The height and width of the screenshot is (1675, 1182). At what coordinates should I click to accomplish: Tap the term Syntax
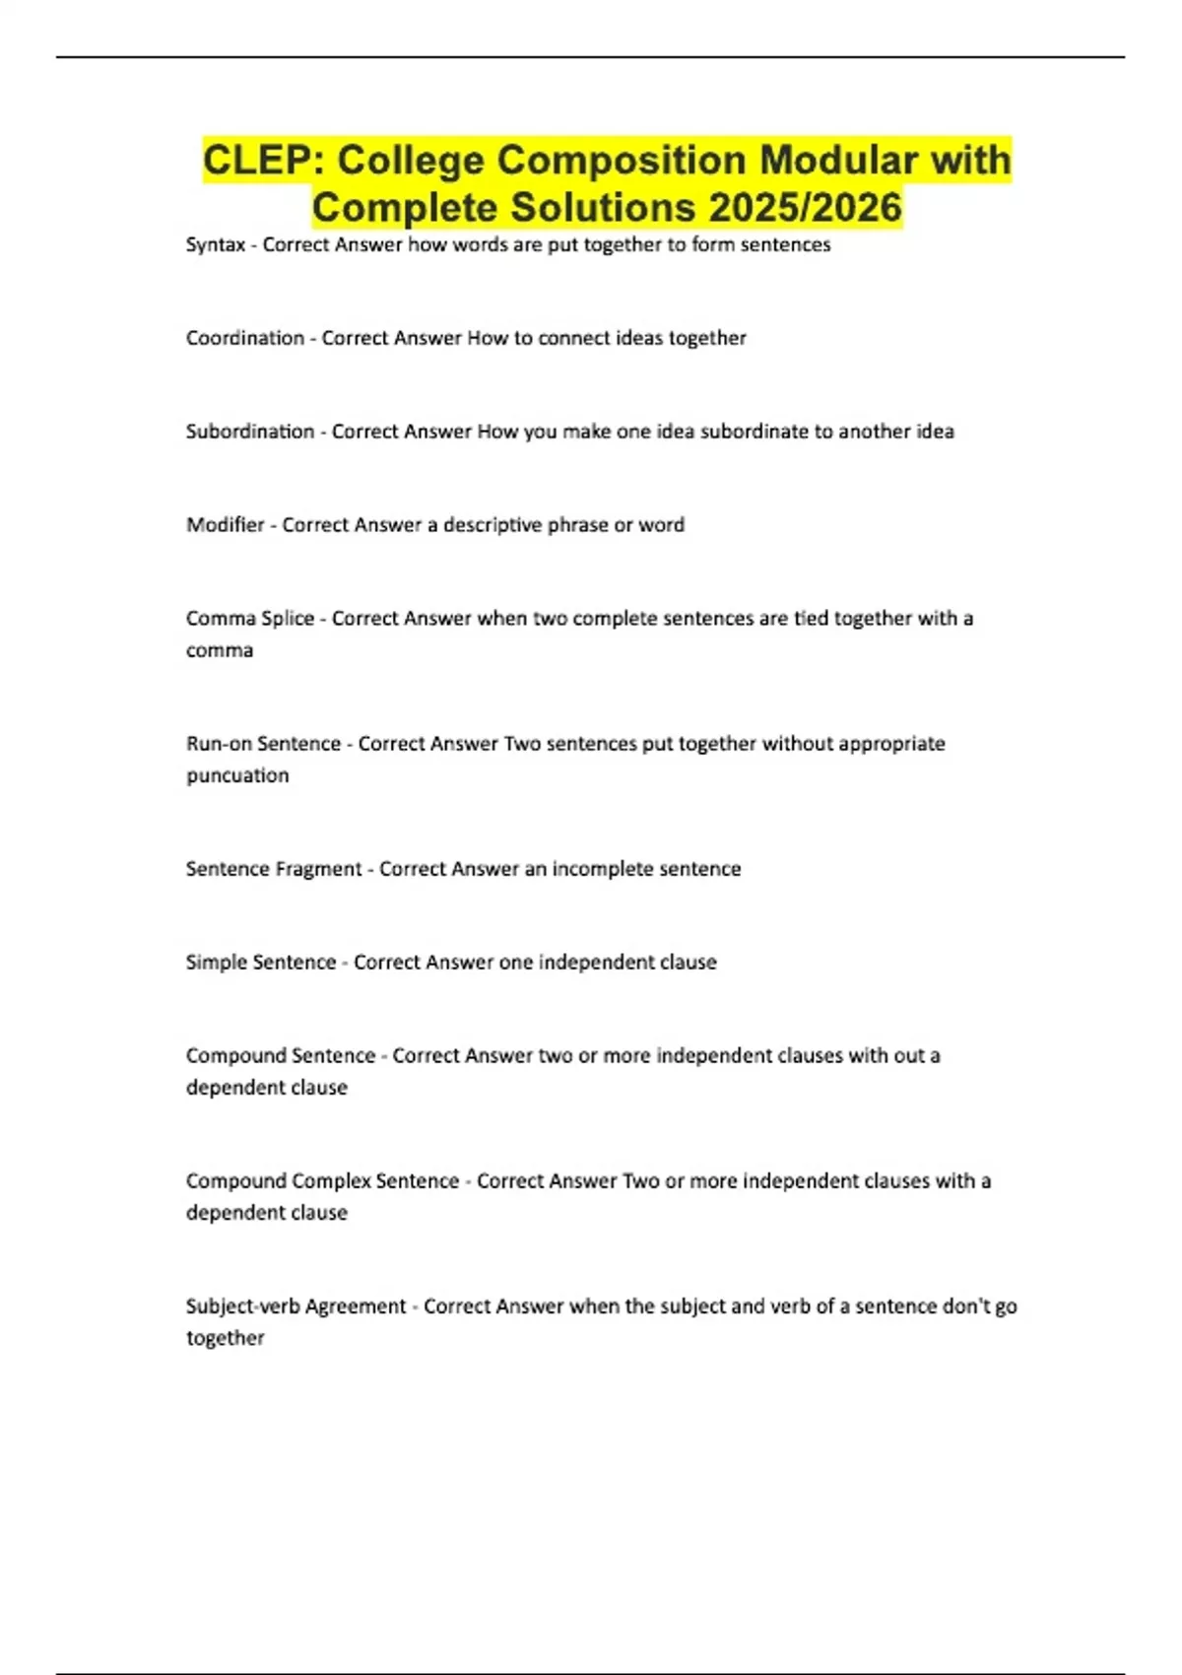[215, 244]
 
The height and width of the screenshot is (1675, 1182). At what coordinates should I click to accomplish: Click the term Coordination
[245, 338]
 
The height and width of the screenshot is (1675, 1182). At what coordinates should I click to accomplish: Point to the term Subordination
[250, 432]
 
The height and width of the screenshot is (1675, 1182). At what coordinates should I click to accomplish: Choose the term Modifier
[226, 525]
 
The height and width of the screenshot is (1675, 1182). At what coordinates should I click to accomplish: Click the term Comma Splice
[250, 619]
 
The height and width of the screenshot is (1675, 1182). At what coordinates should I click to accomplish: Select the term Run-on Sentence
[263, 744]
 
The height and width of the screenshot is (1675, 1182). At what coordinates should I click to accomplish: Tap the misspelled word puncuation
[237, 775]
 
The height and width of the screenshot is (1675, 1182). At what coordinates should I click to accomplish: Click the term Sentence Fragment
[274, 869]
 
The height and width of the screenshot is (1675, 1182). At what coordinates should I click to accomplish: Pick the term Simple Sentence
[261, 963]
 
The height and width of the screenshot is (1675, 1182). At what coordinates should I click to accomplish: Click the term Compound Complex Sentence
[322, 1181]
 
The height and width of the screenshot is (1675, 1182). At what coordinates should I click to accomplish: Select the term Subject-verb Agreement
[295, 1306]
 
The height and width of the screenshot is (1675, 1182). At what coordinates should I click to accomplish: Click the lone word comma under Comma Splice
[220, 650]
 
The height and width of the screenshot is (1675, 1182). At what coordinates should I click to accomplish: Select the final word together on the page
[226, 1338]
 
